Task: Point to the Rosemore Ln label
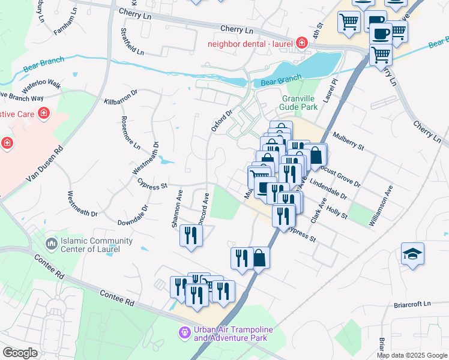[x=130, y=133]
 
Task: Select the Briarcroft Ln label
[x=413, y=304]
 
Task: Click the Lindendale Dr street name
[x=328, y=188]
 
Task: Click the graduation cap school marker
[x=412, y=254]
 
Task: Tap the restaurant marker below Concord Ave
[x=191, y=235]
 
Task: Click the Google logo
[x=20, y=352]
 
